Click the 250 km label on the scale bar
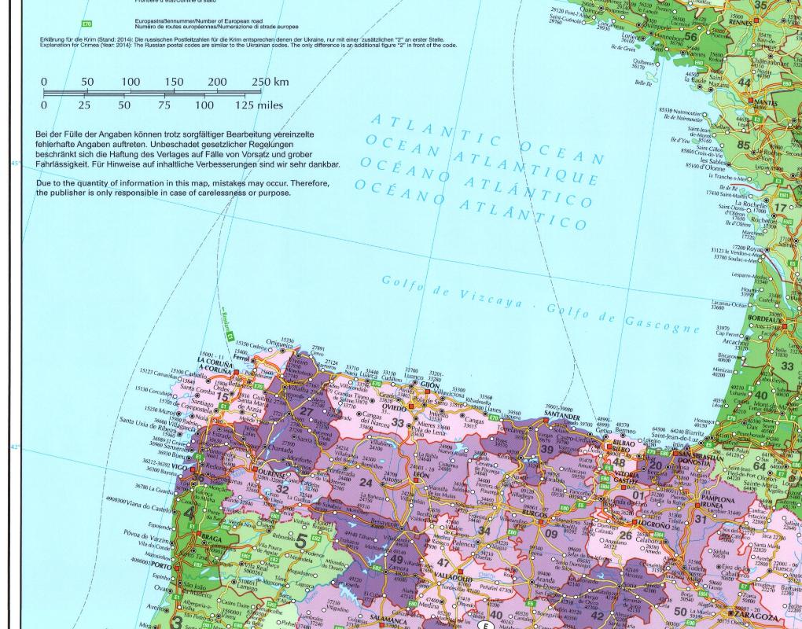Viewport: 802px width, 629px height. (270, 82)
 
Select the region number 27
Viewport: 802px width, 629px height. (307, 410)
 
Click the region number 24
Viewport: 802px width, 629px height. (365, 482)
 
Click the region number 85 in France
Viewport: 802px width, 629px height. (743, 145)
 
